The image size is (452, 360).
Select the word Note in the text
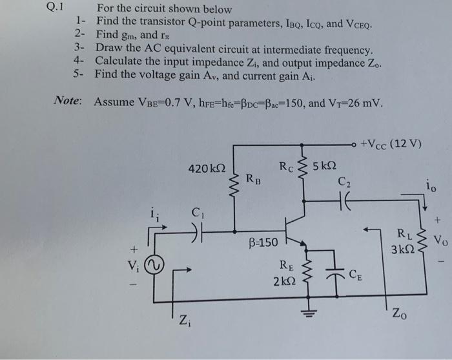pos(67,102)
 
